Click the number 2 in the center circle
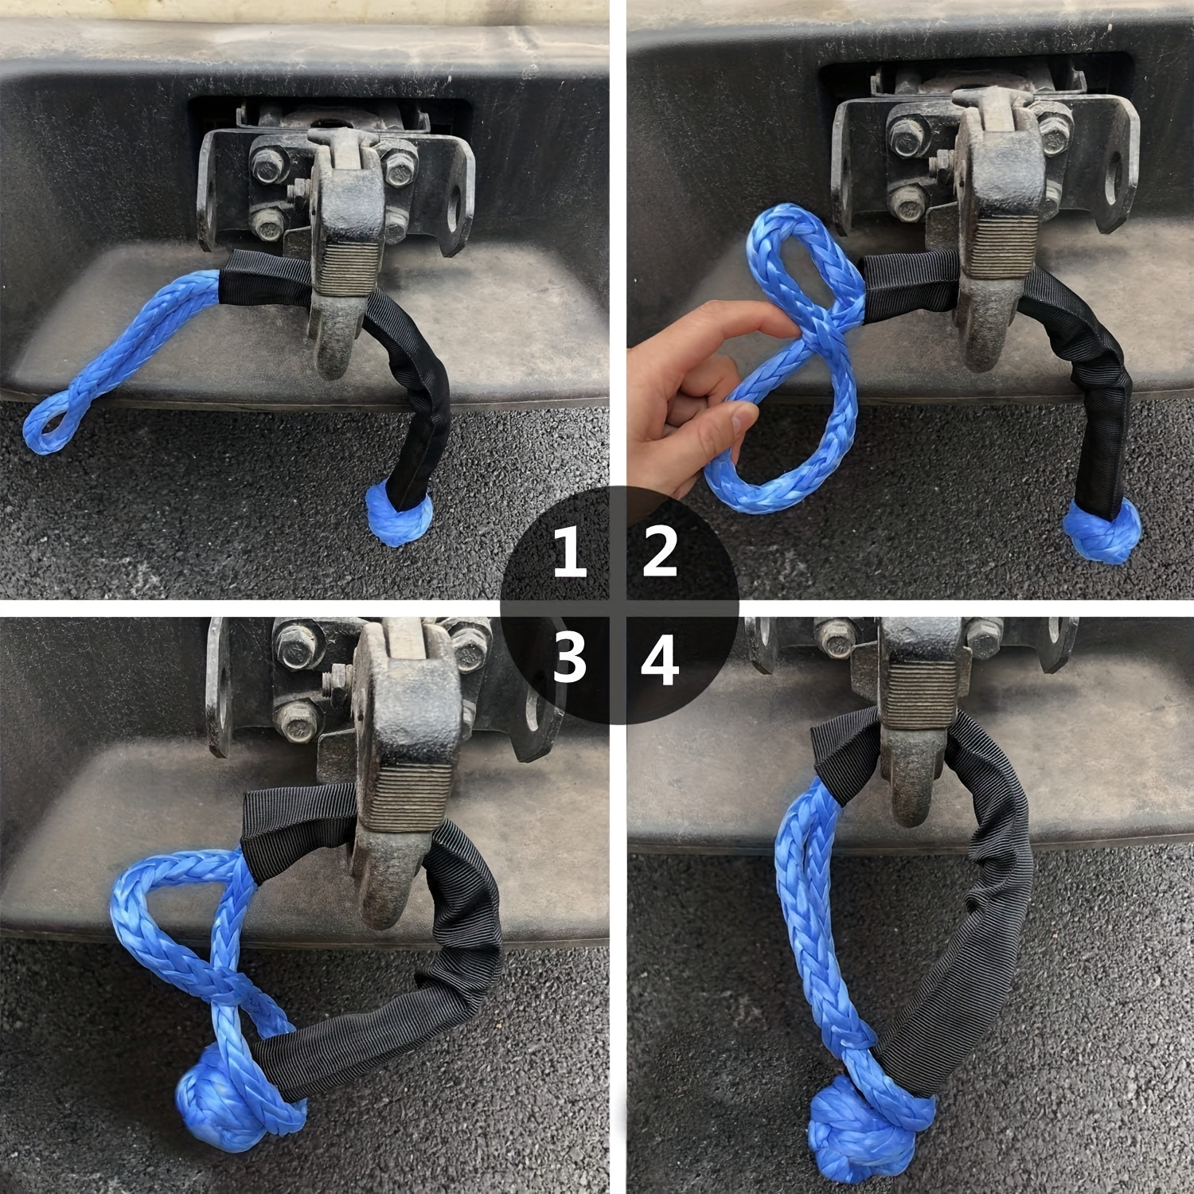point(660,553)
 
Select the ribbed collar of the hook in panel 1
point(345,267)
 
